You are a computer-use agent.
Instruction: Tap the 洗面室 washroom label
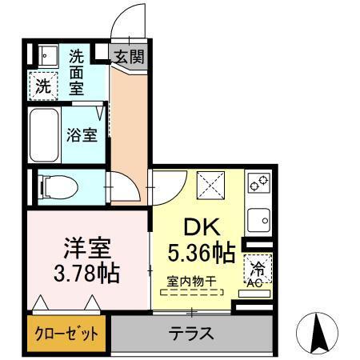pyautogui.click(x=77, y=72)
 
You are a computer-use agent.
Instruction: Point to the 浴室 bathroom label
pyautogui.click(x=82, y=134)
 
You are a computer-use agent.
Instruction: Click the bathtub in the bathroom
pyautogui.click(x=46, y=135)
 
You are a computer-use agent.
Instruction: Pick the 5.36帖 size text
pyautogui.click(x=201, y=254)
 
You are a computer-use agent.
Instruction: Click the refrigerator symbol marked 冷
pyautogui.click(x=258, y=267)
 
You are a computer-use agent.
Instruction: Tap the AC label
pyautogui.click(x=256, y=282)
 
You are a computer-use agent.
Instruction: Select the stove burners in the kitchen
pyautogui.click(x=258, y=186)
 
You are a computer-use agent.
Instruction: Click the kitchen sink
pyautogui.click(x=258, y=218)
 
